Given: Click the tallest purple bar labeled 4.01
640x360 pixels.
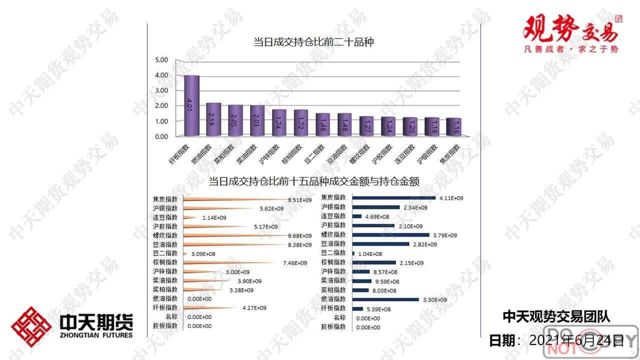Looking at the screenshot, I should (x=192, y=106).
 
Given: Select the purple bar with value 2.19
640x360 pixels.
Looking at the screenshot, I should (x=213, y=120).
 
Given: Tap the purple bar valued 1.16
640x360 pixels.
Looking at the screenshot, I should (x=454, y=127).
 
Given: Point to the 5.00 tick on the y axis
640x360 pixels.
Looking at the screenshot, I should (x=161, y=60).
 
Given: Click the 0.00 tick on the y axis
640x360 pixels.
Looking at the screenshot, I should (x=161, y=136).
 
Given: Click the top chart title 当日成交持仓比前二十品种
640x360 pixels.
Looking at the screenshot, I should (x=313, y=42).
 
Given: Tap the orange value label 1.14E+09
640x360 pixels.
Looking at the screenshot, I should (x=214, y=218).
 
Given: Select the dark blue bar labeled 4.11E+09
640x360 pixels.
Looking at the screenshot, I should (x=393, y=198).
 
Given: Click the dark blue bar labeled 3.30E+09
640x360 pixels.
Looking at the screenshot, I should (x=385, y=299).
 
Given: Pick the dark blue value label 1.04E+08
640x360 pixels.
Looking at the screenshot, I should (x=370, y=254).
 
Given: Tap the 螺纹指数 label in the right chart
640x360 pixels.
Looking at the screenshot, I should (x=333, y=234).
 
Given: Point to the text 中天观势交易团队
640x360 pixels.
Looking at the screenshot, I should (x=556, y=316).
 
